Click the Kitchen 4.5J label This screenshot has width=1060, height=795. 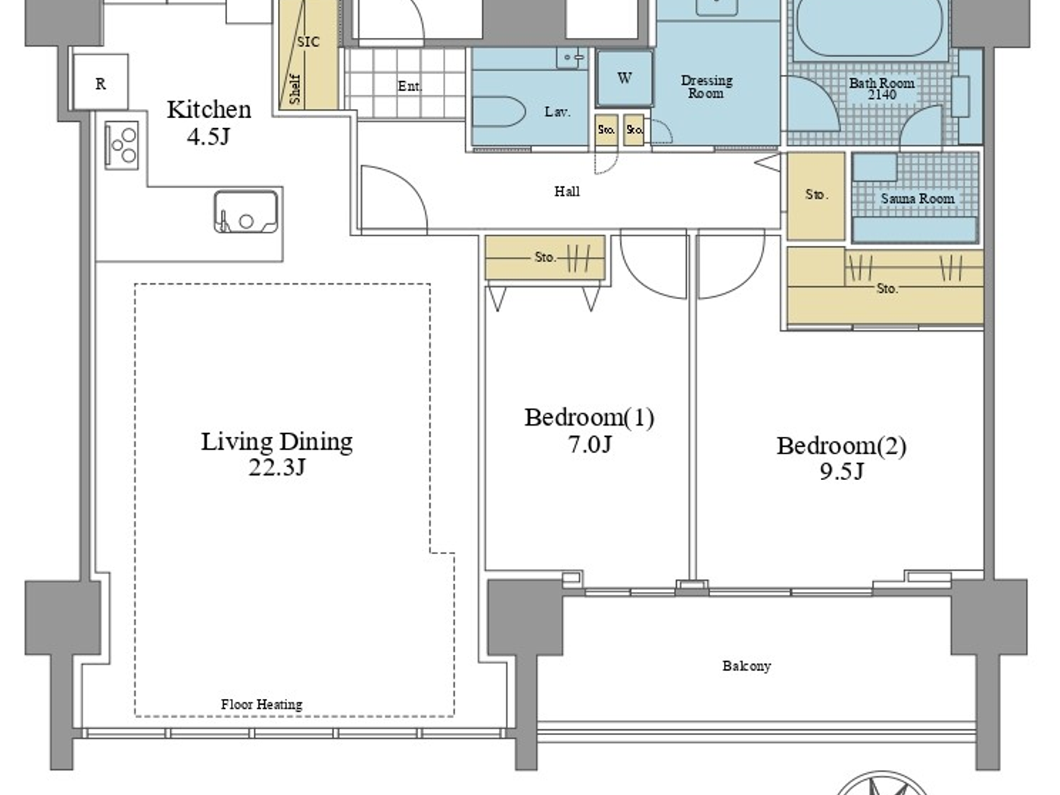(208, 121)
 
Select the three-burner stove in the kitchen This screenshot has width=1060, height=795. (122, 145)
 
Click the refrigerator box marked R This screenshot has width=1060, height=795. (101, 83)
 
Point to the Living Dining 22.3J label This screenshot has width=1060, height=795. (276, 453)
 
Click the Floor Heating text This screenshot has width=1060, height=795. (261, 704)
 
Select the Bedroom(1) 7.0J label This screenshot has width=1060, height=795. (589, 429)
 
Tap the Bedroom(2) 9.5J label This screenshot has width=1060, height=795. (840, 457)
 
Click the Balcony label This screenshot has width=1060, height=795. (746, 666)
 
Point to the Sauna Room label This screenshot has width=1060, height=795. (917, 198)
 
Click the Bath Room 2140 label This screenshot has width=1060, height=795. (881, 89)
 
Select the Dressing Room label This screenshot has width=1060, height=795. (706, 86)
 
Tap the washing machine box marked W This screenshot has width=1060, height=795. (624, 78)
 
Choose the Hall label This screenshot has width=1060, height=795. (566, 192)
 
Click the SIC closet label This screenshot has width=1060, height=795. (308, 42)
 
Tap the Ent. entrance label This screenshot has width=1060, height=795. (410, 86)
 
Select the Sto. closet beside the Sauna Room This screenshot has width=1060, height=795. (815, 195)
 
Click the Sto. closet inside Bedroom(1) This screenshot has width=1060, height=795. (544, 257)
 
